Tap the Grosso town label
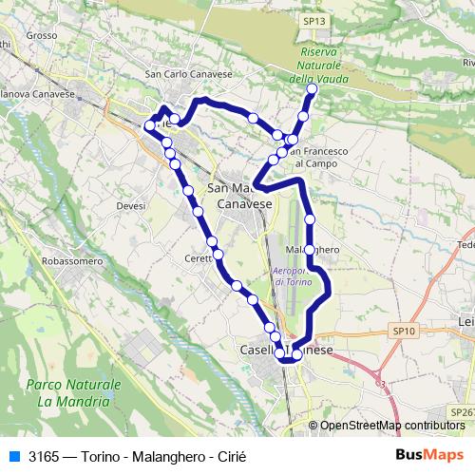[x=42, y=36]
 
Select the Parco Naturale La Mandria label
[x=75, y=393]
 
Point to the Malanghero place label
[x=313, y=250]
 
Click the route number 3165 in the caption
[x=45, y=456]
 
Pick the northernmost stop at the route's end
[x=311, y=91]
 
